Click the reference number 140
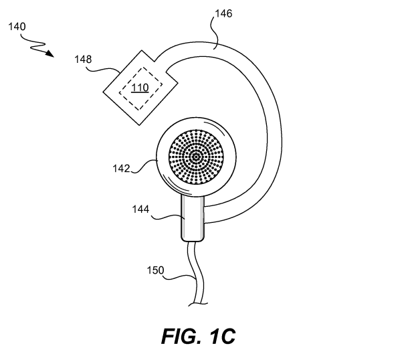(17, 27)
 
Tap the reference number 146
(223, 13)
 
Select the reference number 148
(83, 60)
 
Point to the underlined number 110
(140, 88)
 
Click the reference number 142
(121, 169)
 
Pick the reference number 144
(140, 209)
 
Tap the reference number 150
(156, 270)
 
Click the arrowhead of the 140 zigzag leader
(49, 54)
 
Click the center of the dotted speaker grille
(196, 157)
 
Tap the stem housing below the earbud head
(193, 218)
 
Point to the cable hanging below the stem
(197, 273)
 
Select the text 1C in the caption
(222, 337)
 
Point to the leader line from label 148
(103, 68)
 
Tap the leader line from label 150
(180, 278)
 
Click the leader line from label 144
(167, 217)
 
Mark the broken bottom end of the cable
(198, 304)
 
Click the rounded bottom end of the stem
(193, 240)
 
